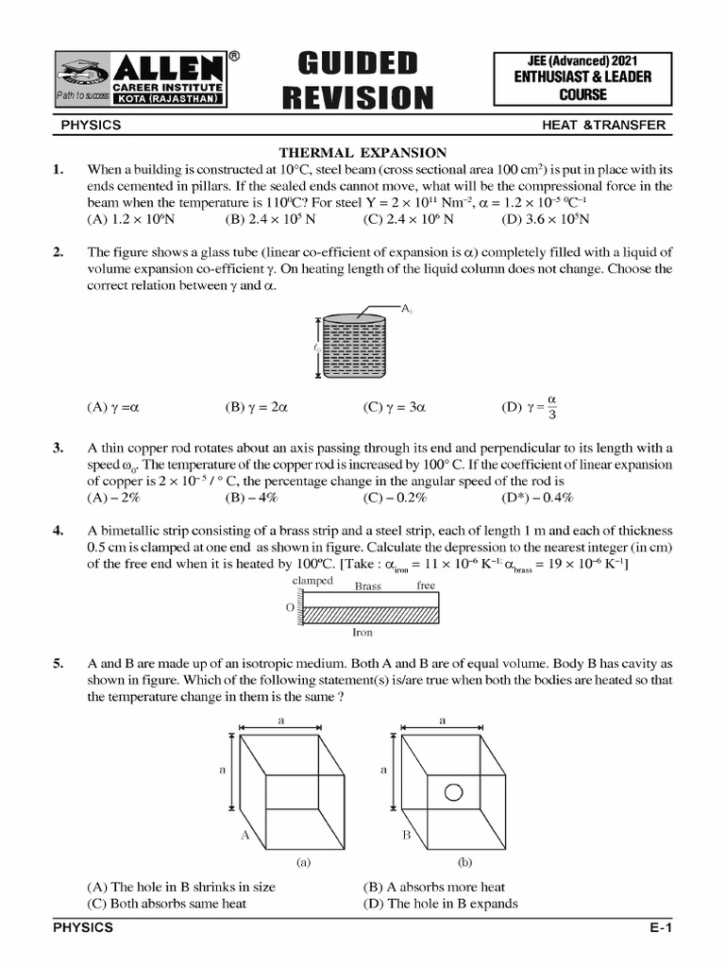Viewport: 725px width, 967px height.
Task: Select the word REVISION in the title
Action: [357, 96]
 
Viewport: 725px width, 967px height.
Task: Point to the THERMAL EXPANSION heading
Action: [362, 153]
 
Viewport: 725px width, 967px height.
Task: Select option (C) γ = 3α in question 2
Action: [395, 408]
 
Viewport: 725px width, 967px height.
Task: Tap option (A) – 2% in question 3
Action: [113, 498]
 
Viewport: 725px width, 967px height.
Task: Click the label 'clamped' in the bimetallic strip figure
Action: [312, 582]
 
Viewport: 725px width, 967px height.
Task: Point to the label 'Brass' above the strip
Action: [368, 586]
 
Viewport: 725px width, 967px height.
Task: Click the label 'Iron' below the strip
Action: [363, 633]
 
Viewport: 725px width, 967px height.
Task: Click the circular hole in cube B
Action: [454, 791]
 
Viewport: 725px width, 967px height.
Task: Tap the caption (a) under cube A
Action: [303, 862]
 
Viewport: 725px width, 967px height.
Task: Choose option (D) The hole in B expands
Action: [440, 904]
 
